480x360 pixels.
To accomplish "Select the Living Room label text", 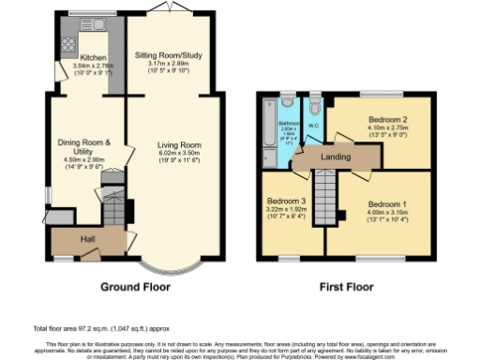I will (x=179, y=145).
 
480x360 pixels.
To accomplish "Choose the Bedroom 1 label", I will (x=386, y=203).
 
